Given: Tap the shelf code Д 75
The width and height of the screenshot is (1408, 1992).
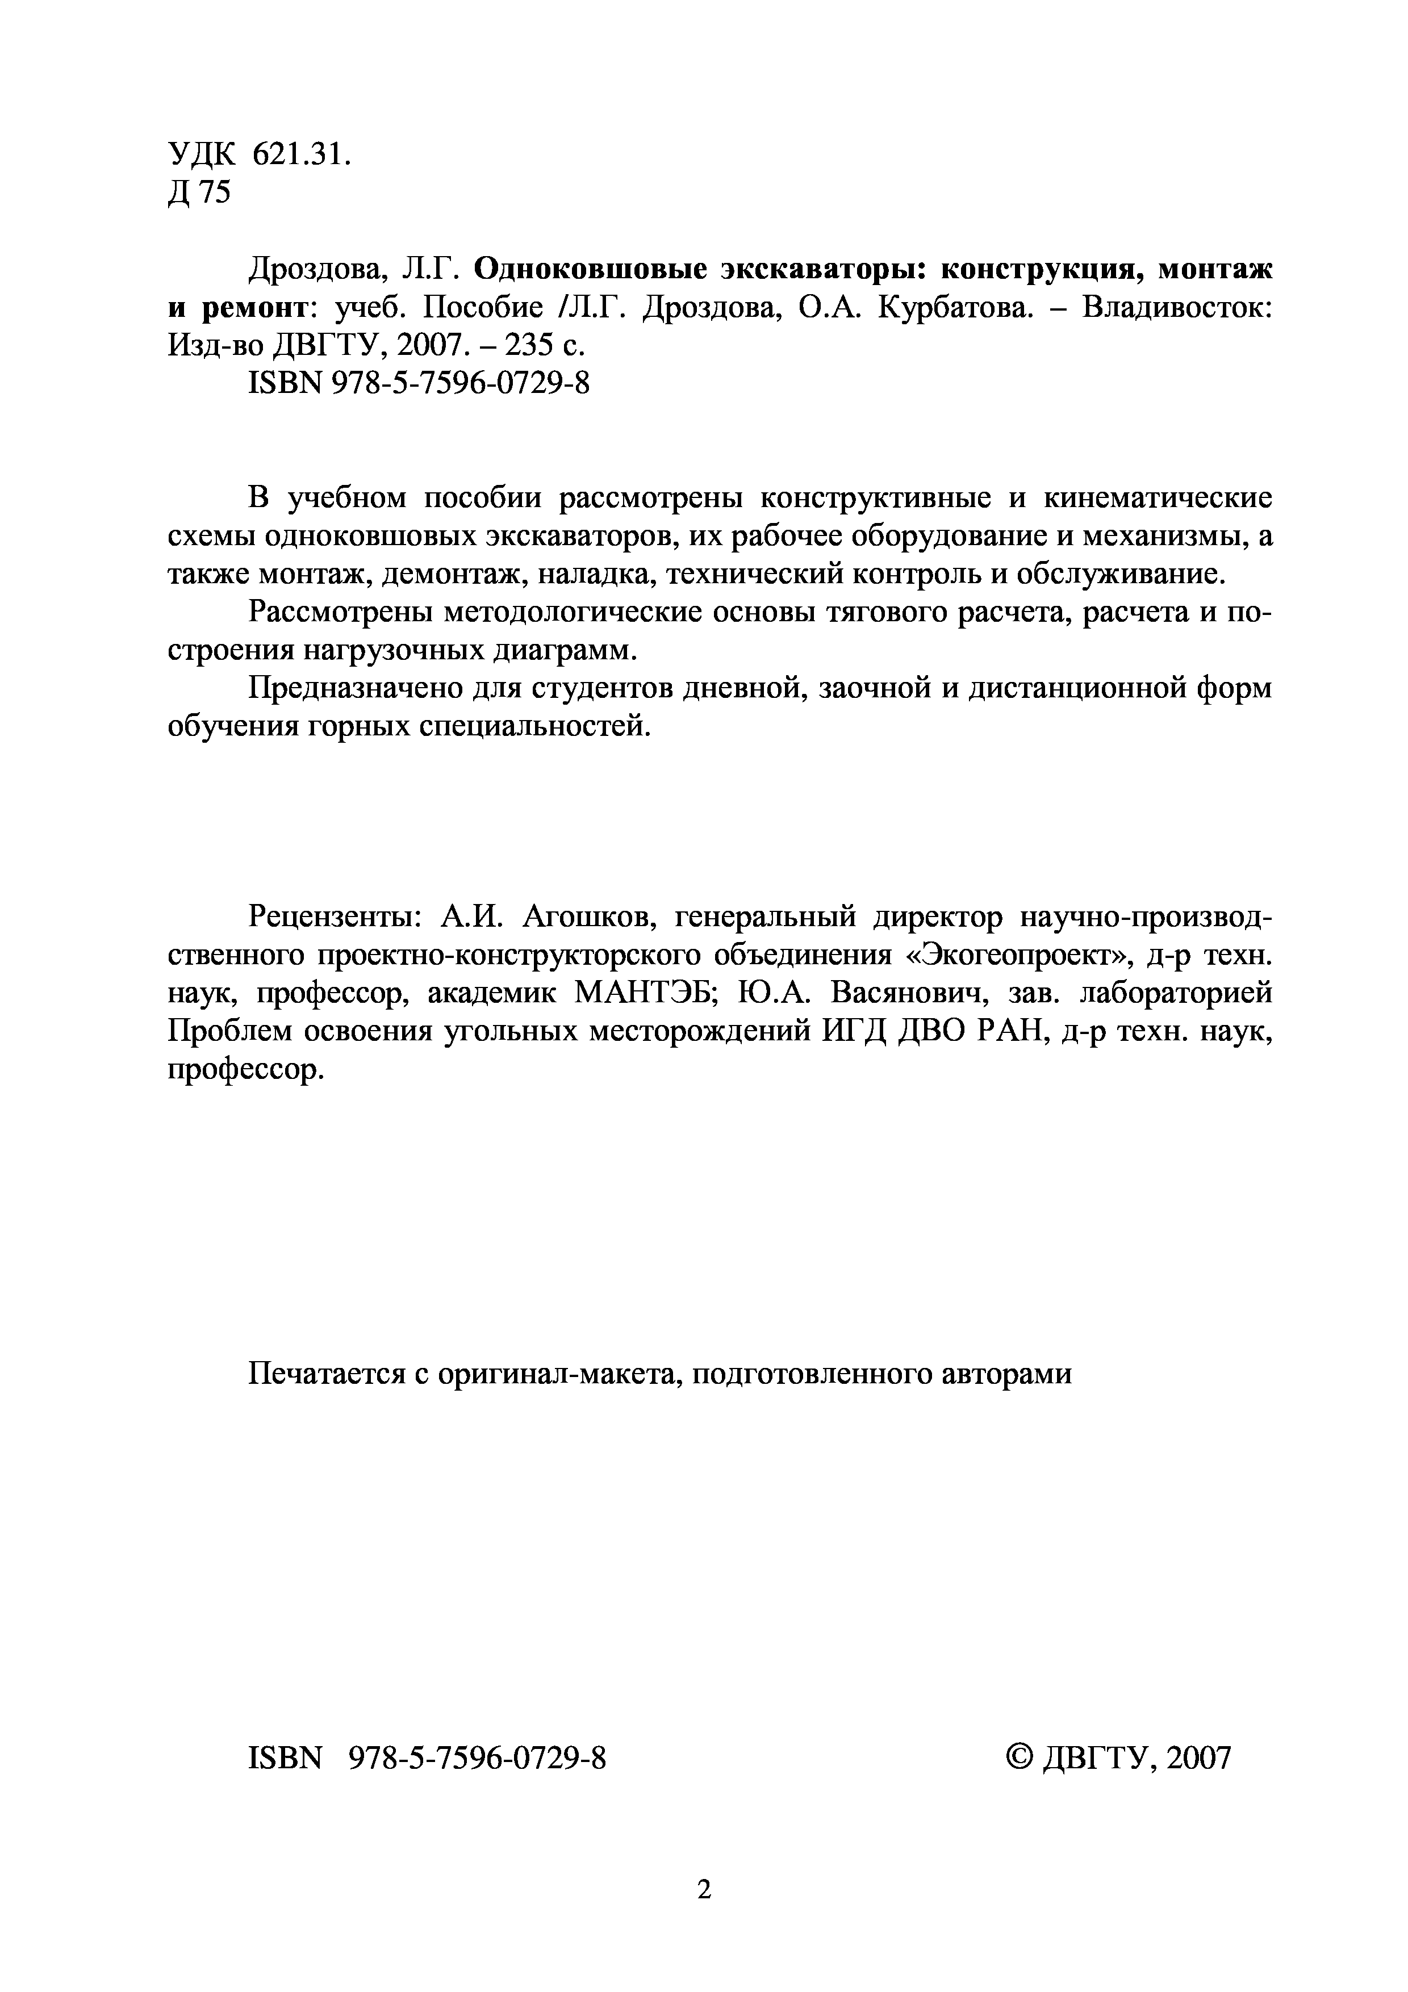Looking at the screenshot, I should tap(199, 192).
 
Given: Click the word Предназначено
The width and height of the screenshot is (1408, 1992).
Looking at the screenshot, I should tap(355, 688).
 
